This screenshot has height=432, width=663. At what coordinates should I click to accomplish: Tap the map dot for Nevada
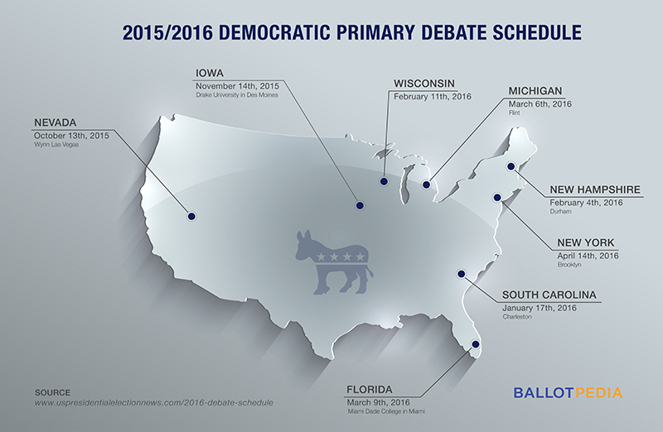click(x=191, y=216)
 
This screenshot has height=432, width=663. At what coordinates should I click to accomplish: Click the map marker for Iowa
click(x=359, y=204)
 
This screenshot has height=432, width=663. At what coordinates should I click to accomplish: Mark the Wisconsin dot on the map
click(x=385, y=180)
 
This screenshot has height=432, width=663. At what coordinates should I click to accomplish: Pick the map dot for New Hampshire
click(x=511, y=166)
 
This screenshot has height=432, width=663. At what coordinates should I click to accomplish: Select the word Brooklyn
click(x=569, y=265)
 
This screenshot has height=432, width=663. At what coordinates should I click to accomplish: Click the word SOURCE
click(x=53, y=391)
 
